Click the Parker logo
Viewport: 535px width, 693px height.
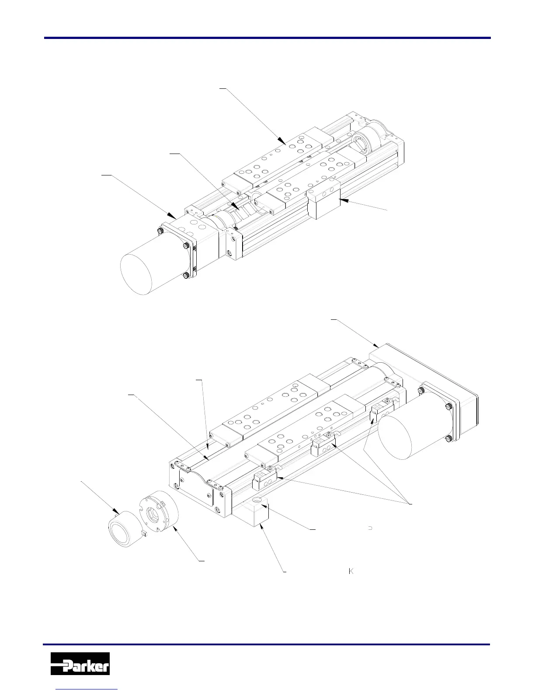pos(80,663)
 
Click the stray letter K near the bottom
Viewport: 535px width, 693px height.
pos(351,571)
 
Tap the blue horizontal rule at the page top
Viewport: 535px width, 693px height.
pos(267,38)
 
